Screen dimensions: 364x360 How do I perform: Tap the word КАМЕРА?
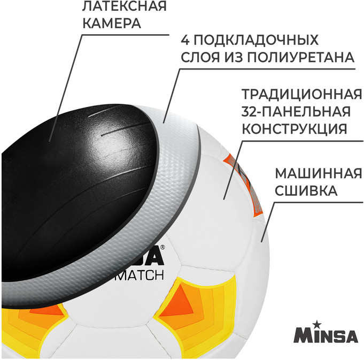pyautogui.click(x=112, y=23)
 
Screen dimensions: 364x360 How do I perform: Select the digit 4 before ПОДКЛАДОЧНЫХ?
pyautogui.click(x=185, y=40)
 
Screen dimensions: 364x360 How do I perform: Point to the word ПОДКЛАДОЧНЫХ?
pyautogui.click(x=256, y=40)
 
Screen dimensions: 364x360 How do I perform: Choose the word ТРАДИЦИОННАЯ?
pyautogui.click(x=302, y=94)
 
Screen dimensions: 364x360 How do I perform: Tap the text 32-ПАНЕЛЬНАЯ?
pyautogui.click(x=296, y=111)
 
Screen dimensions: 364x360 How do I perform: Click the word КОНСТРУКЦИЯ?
pyautogui.click(x=295, y=129)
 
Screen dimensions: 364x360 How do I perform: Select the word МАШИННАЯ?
pyautogui.click(x=319, y=173)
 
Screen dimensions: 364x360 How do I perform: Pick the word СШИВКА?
pyautogui.click(x=306, y=190)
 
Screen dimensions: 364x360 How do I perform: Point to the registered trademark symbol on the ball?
pyautogui.click(x=162, y=247)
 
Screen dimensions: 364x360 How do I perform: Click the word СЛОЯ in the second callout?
pyautogui.click(x=200, y=57)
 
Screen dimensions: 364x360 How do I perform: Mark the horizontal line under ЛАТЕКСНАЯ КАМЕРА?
pyautogui.click(x=126, y=35)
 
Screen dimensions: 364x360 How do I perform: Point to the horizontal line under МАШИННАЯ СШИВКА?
pyautogui.click(x=319, y=202)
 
